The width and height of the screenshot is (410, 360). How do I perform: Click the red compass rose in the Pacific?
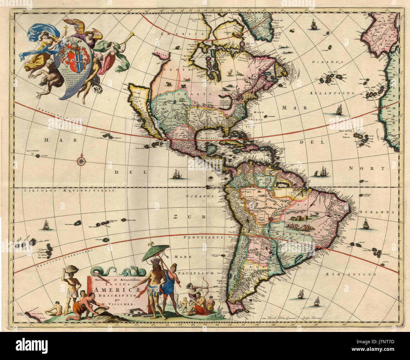click(81, 161)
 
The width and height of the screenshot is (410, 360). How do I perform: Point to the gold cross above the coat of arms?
click(66, 31)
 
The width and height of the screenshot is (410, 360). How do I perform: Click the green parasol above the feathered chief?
click(155, 252)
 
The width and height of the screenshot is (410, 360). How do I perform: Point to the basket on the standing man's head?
click(72, 270)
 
